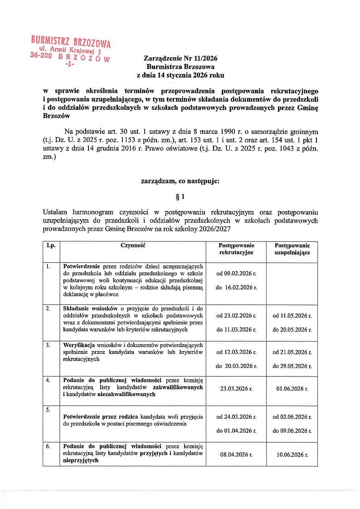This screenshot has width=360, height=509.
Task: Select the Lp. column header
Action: [51, 245]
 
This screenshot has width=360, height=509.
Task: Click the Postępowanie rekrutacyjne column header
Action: [236, 249]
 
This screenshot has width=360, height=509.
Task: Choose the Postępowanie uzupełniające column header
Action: [292, 249]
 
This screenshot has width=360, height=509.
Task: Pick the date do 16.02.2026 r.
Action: [236, 288]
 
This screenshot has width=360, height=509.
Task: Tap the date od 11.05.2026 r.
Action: [292, 315]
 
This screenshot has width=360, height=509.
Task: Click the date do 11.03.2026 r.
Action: [236, 329]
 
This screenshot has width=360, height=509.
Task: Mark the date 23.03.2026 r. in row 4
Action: [236, 389]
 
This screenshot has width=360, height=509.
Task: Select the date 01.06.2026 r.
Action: [292, 389]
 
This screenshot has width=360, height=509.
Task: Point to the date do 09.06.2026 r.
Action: [292, 431]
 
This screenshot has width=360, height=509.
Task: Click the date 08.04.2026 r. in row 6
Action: [236, 454]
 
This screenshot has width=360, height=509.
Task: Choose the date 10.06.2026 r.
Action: [292, 454]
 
